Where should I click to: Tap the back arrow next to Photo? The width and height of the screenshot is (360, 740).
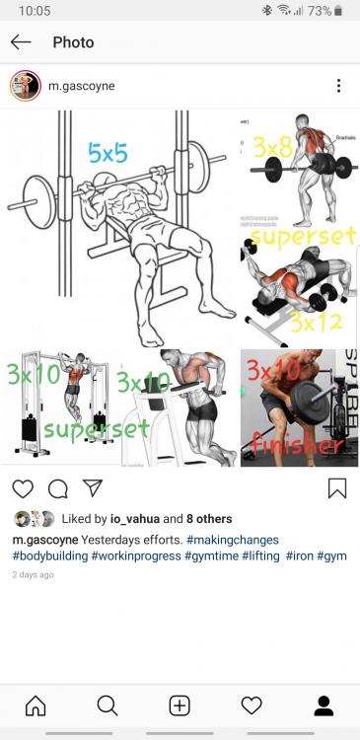pos(21,42)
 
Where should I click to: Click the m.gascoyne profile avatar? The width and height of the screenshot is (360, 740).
pos(25,86)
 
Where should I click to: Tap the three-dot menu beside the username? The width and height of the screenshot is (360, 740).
pos(338,86)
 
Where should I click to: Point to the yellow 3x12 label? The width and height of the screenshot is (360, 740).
pos(315,322)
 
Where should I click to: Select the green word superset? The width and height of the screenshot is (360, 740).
pos(96,427)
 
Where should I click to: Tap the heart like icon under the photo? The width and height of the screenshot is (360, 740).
pos(23,488)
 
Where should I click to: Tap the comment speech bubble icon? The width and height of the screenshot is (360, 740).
pos(57,488)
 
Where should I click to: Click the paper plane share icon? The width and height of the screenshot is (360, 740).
pos(92,488)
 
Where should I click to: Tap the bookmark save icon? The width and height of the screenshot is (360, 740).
pos(336,488)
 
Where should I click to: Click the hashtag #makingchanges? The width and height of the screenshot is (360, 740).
pos(232,540)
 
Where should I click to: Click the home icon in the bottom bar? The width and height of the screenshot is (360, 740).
pos(36,705)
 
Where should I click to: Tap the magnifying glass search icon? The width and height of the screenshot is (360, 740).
pos(108,705)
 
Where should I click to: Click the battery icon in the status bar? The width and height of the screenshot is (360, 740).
pos(339,11)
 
